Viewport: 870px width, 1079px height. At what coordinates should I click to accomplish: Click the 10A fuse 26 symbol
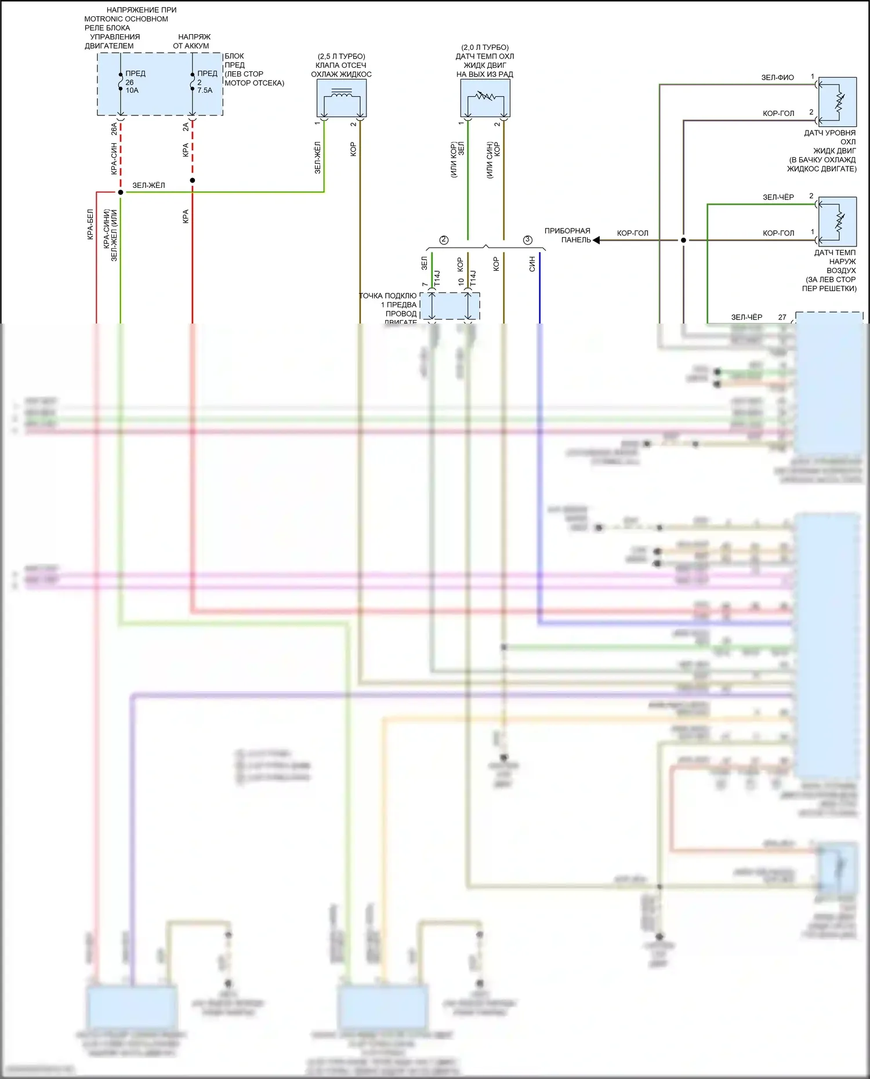coord(121,82)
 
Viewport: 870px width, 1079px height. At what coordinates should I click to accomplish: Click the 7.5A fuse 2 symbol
coord(193,82)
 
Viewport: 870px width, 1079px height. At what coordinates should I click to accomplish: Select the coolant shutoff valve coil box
coord(342,97)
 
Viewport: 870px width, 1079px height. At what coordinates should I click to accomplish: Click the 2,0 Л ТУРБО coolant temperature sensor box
coord(485,97)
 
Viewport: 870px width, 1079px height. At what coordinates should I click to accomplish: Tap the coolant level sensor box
coord(838,102)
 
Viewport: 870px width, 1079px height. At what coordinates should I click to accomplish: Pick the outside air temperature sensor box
coord(838,221)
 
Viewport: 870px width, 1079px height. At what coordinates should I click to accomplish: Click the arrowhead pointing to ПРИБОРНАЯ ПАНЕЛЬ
coord(596,240)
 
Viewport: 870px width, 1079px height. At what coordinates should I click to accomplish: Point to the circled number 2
coord(444,240)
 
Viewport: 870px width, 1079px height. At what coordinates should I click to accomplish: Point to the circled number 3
coord(527,240)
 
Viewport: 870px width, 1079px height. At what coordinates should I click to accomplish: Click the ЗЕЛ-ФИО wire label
coord(777,78)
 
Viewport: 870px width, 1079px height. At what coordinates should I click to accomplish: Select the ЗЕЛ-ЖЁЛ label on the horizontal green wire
coord(148,186)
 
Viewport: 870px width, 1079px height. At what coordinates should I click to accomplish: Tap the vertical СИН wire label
coord(532,264)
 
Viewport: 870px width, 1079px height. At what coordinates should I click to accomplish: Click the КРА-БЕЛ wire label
coord(90,224)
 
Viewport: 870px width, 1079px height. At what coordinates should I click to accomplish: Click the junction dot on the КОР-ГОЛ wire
coord(683,240)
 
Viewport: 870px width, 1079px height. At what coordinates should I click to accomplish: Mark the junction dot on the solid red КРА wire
coord(193,180)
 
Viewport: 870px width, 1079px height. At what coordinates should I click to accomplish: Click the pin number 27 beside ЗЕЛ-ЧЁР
coord(782,317)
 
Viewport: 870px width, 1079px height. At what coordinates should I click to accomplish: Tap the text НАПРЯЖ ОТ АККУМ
coord(192,41)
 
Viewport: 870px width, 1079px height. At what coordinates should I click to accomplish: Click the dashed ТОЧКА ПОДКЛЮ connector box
coord(450,306)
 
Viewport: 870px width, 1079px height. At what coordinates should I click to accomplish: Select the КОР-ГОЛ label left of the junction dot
coord(632,233)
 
